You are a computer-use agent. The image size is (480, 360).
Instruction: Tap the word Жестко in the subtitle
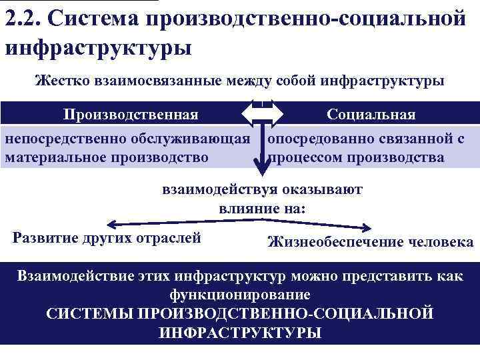click(61, 82)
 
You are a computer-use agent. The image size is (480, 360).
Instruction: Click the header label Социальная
click(371, 114)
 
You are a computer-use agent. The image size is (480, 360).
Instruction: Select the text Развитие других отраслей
click(107, 238)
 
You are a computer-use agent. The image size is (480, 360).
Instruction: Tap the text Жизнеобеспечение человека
click(370, 242)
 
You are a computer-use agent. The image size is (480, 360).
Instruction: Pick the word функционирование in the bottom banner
click(240, 294)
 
